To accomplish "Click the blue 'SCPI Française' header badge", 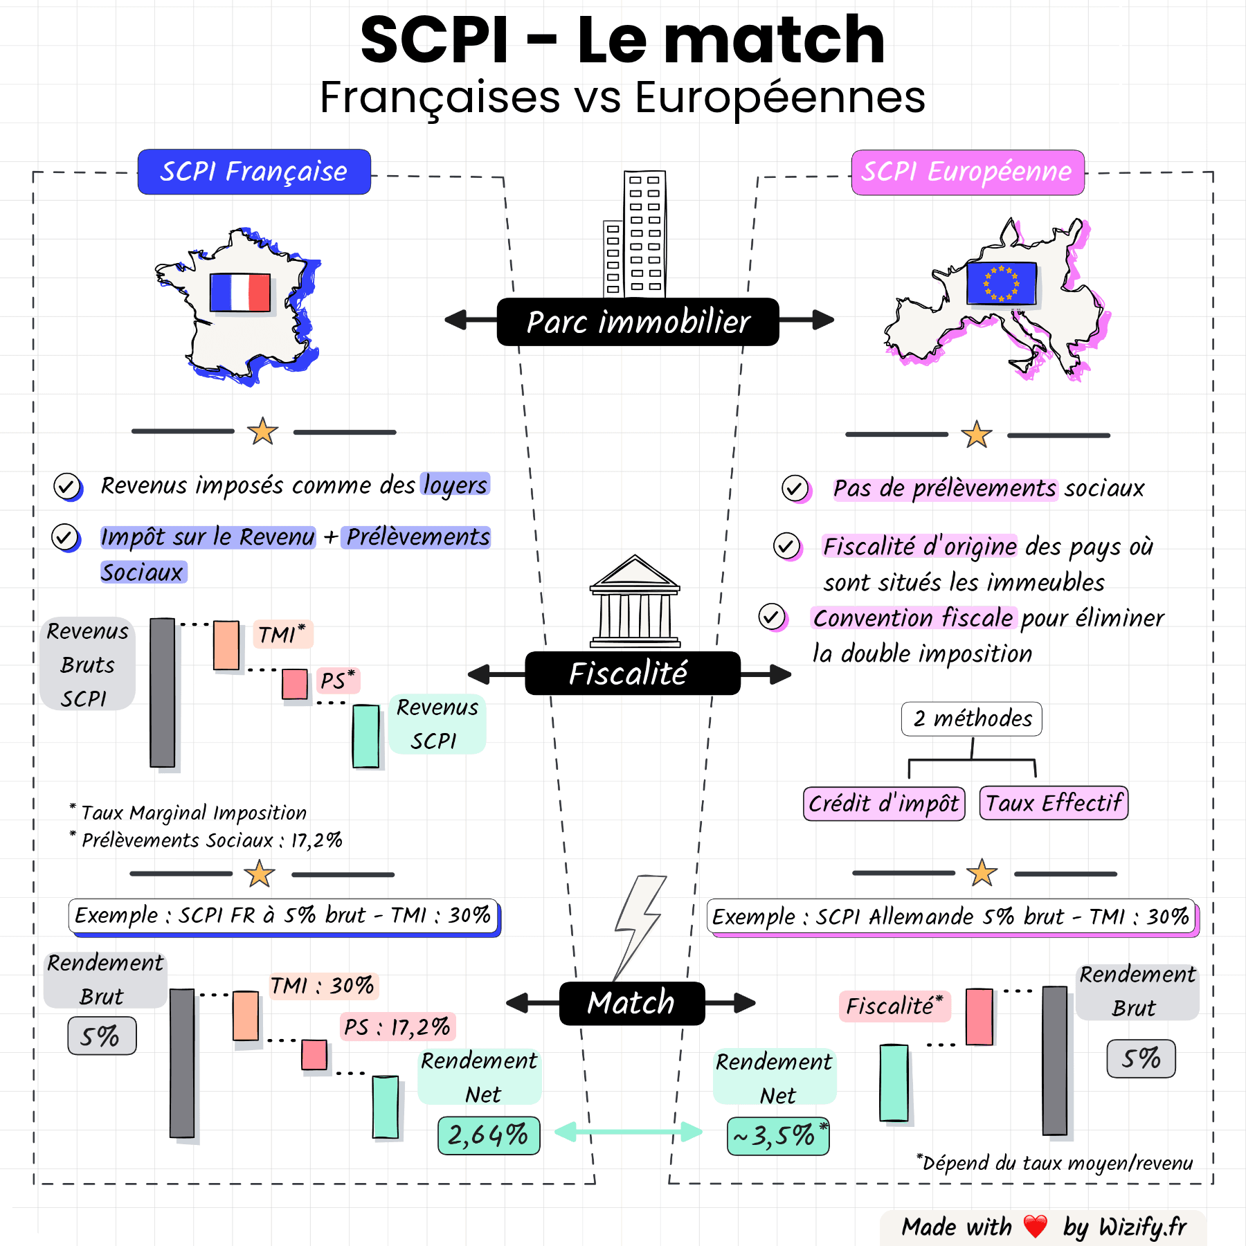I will (254, 172).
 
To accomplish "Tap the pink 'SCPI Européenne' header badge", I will (967, 172).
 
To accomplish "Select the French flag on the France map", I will (240, 292).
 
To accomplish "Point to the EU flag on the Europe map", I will (1001, 283).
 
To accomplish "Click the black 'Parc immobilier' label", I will (638, 322).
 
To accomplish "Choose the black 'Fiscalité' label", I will (632, 674).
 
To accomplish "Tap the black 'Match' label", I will (631, 1003).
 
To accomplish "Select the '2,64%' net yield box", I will (489, 1135).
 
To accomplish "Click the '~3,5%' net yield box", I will (777, 1136).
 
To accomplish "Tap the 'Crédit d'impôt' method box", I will (884, 804).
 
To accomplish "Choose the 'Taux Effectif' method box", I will (1054, 803).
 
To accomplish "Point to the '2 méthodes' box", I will (972, 719).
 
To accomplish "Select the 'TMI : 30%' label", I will (323, 986).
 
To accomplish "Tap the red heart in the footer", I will (1036, 1227).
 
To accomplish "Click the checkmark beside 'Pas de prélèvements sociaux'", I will (795, 489).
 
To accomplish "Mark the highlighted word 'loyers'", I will (455, 485).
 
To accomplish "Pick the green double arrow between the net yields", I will (629, 1132).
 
